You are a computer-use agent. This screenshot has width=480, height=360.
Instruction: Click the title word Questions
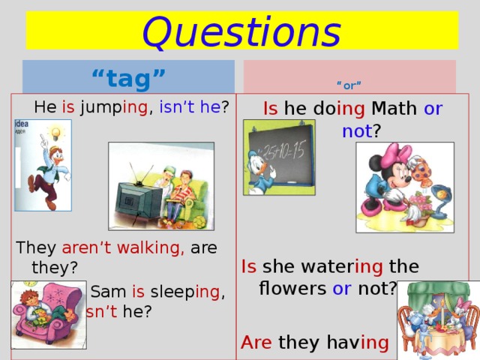(241, 31)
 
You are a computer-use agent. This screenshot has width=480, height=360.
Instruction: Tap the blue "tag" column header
(128, 76)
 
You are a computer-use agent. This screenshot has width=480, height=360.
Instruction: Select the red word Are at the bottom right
(256, 343)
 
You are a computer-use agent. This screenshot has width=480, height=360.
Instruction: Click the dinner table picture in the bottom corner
(438, 319)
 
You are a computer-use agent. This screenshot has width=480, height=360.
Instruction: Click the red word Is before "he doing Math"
(271, 109)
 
